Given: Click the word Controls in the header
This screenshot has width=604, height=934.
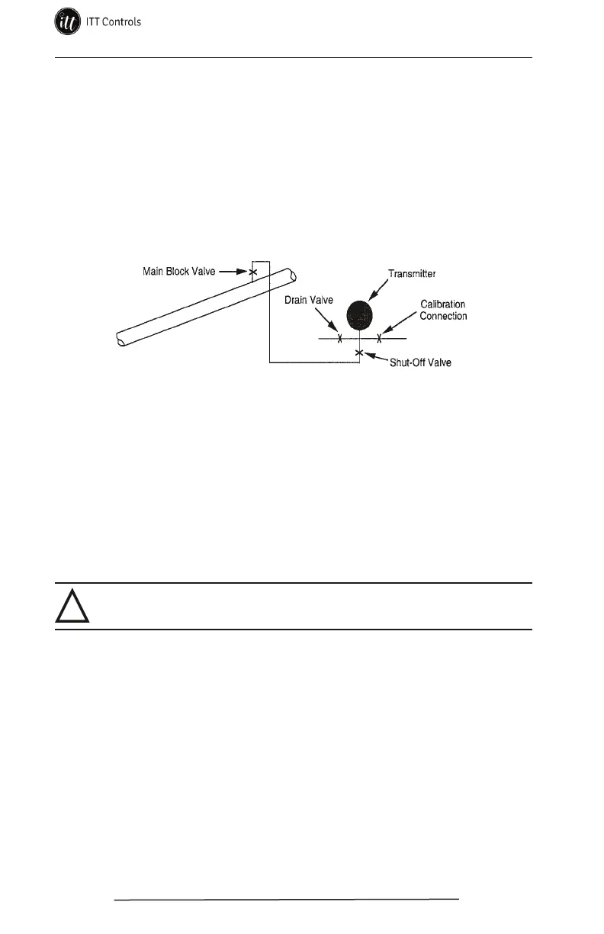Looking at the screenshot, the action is point(120,22).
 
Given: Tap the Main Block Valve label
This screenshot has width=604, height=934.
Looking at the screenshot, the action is point(179,271).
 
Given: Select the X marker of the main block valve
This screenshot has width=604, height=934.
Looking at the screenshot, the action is point(253,271).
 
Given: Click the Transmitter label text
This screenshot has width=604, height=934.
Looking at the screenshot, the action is point(412,273).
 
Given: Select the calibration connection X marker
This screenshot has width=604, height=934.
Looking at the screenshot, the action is point(379,338).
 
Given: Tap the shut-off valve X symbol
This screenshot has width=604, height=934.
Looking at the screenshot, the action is point(359,352).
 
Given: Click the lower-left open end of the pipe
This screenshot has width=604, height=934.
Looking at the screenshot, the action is point(120,339).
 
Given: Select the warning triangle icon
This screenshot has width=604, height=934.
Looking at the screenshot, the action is point(73,607).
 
